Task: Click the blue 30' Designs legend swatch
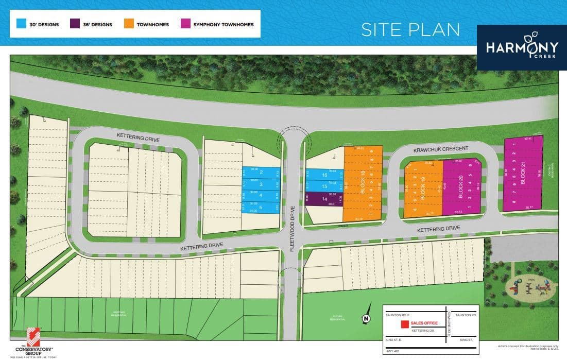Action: click(x=21, y=24)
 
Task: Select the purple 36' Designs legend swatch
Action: click(x=75, y=24)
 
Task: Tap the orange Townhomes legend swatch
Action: click(x=128, y=24)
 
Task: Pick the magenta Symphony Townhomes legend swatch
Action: click(x=184, y=24)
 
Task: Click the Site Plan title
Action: click(x=410, y=29)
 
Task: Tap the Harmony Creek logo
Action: click(x=521, y=47)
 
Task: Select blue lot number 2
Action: click(x=261, y=173)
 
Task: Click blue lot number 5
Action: click(x=261, y=208)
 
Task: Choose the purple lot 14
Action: click(x=324, y=199)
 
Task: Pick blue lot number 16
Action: click(x=324, y=175)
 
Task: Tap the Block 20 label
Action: click(x=461, y=188)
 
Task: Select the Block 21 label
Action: click(x=523, y=173)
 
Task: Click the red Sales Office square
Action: click(x=405, y=324)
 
